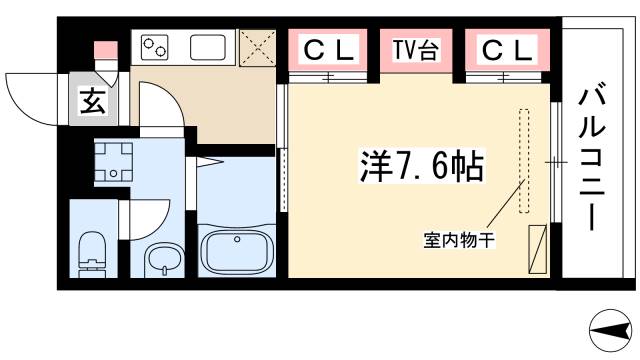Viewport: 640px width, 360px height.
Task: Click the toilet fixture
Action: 93,252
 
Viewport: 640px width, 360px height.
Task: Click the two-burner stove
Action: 157,48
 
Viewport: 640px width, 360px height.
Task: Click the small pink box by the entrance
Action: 101,50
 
